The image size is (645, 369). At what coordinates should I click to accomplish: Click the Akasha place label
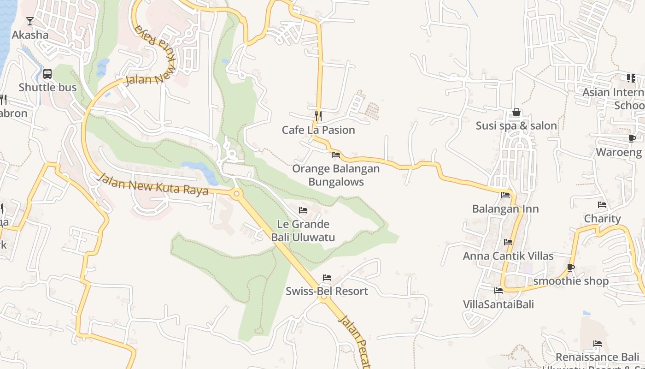pos(30,35)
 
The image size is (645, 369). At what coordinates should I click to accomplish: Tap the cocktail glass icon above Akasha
pos(30,21)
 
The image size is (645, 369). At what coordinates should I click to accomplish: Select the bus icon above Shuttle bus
pos(47,74)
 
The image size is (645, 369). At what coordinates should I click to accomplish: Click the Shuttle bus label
pos(47,88)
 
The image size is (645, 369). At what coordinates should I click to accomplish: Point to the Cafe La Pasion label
pos(318,130)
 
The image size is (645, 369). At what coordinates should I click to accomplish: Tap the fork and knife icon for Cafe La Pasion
pos(318,116)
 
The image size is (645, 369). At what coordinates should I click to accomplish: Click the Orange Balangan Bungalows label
pos(336,175)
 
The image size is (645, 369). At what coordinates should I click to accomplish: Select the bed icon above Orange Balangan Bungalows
pos(336,155)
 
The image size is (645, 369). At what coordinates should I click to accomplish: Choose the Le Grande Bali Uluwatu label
pos(303,231)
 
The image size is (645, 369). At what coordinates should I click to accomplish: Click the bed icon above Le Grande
pos(303,210)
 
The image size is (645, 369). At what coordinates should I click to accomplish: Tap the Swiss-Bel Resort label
pos(327,292)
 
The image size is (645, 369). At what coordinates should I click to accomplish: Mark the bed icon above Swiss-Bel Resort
pos(327,278)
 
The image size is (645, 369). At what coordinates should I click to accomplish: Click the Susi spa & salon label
pos(516,126)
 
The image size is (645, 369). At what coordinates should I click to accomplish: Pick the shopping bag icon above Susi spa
pos(516,112)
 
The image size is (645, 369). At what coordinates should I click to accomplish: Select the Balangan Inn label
pos(505,209)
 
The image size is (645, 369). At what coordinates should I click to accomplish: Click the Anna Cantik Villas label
pos(508,256)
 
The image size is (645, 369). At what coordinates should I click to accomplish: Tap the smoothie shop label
pos(571,281)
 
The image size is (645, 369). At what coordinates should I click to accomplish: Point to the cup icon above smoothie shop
pos(571,268)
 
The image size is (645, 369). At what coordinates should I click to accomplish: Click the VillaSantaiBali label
pos(498,304)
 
